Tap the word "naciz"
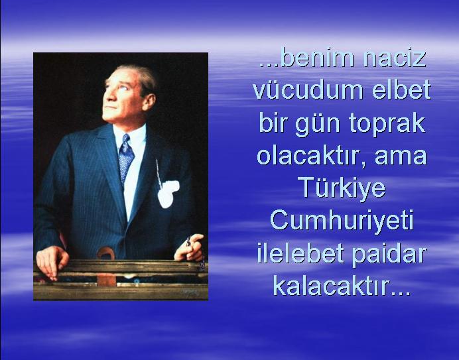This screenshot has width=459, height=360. pyautogui.click(x=394, y=58)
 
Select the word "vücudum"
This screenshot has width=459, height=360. pyautogui.click(x=308, y=90)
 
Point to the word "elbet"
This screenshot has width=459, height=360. pyautogui.click(x=402, y=90)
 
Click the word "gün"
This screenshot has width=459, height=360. pyautogui.click(x=318, y=125)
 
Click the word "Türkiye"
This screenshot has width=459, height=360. pyautogui.click(x=342, y=189)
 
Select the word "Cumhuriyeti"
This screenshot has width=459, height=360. pyautogui.click(x=342, y=221)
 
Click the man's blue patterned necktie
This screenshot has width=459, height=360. pyautogui.click(x=125, y=158)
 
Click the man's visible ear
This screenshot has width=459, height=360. pyautogui.click(x=149, y=103)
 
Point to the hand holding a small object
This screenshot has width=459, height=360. pyautogui.click(x=190, y=247)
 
